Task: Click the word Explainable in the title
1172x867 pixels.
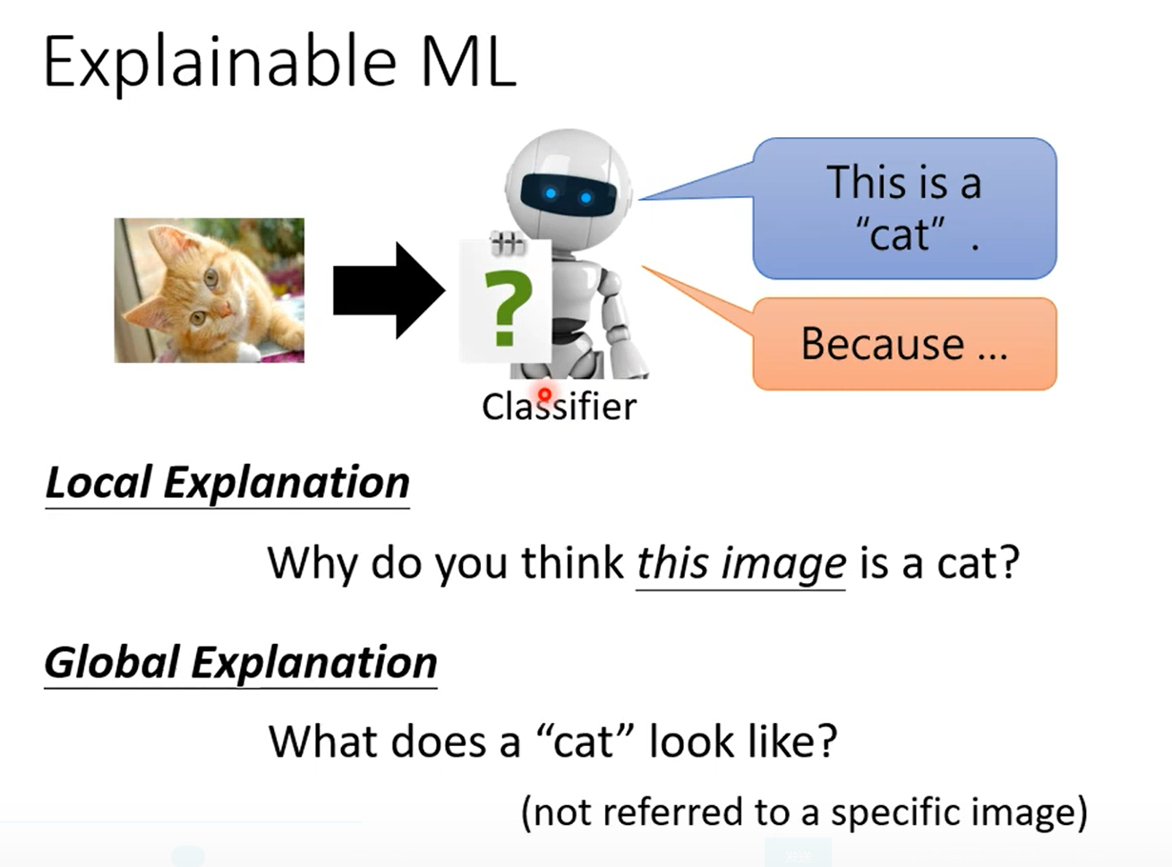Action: [220, 63]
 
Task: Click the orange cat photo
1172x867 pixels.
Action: [210, 290]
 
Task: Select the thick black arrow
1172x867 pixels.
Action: [389, 290]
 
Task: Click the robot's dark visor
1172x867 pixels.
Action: [567, 193]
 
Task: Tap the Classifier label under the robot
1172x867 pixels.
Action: [559, 407]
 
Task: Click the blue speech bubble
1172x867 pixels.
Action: [904, 208]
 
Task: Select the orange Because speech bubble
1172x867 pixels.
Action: [904, 344]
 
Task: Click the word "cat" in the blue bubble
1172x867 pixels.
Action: [899, 236]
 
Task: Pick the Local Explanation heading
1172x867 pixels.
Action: [227, 483]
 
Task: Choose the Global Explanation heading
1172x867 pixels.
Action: [241, 663]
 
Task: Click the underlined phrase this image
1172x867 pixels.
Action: [740, 564]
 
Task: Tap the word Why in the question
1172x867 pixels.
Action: [313, 564]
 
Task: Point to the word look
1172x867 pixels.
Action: [689, 742]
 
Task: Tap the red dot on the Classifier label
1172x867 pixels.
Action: [544, 393]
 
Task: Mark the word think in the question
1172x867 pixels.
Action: [572, 564]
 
